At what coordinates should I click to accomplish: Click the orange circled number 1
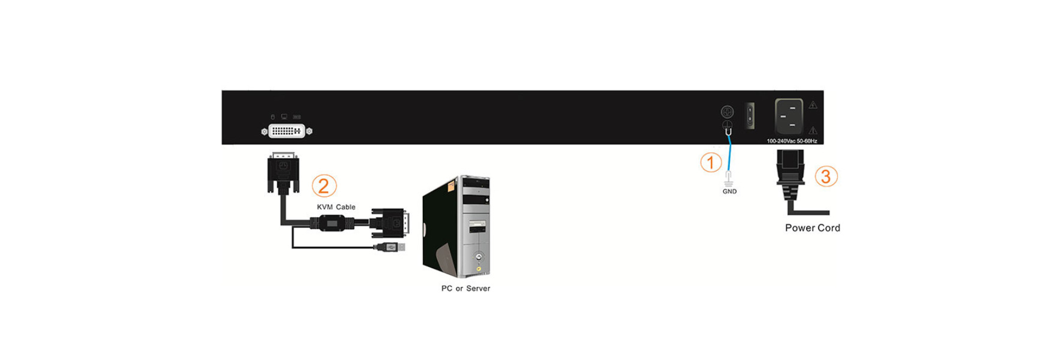click(x=711, y=162)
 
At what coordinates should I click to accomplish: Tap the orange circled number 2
click(x=324, y=186)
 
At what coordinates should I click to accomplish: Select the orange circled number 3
click(x=826, y=176)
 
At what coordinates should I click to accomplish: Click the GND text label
click(x=729, y=191)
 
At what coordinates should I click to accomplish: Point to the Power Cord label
click(x=813, y=228)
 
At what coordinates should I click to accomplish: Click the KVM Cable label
click(x=336, y=207)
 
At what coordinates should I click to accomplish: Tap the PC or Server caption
click(x=465, y=289)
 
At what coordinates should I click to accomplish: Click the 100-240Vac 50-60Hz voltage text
click(x=792, y=141)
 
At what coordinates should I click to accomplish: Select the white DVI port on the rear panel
click(x=287, y=131)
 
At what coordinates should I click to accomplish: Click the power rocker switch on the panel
click(x=749, y=115)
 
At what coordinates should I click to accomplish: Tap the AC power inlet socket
click(x=789, y=116)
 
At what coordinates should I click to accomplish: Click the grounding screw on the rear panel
click(x=727, y=112)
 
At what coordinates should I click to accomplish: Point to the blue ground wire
click(x=729, y=153)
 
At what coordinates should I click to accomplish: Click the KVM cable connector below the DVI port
click(x=283, y=173)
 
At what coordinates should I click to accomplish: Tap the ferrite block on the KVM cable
click(x=331, y=223)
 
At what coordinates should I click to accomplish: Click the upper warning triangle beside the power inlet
click(x=813, y=105)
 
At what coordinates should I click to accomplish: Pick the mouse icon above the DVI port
click(x=272, y=116)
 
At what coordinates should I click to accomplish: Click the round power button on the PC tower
click(x=478, y=257)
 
